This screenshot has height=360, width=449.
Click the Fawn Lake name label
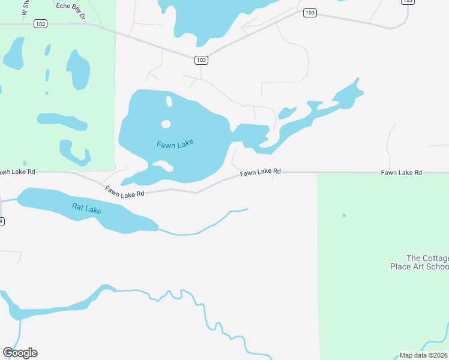point(176,144)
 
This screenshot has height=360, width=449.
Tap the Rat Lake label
point(86,209)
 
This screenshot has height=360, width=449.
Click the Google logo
point(20,353)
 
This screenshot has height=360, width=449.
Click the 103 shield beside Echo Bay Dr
point(40,24)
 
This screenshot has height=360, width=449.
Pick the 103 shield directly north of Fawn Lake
point(201,59)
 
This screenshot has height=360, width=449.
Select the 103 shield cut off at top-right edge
point(408,2)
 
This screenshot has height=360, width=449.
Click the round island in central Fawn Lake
point(166,124)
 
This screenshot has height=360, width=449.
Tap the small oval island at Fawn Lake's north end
point(169,101)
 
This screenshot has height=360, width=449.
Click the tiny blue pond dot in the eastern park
point(344,215)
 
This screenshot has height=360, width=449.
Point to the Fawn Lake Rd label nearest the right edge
point(401,173)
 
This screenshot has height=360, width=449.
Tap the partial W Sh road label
point(25,7)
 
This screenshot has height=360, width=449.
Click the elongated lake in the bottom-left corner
point(54,306)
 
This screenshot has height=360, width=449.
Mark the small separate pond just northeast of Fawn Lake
point(287,112)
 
